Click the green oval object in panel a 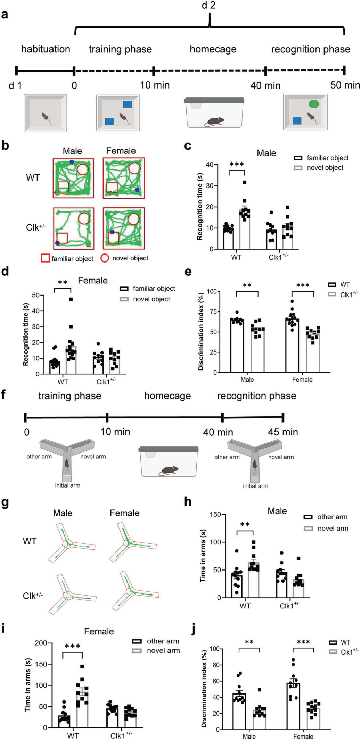click(x=313, y=104)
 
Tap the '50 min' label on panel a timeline click(x=345, y=85)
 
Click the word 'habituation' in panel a click(x=46, y=49)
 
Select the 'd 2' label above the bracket click(x=208, y=5)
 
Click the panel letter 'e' click(x=188, y=272)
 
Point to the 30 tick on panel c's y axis click(x=210, y=186)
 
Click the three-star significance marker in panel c click(x=237, y=164)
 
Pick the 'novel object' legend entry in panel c click(x=325, y=168)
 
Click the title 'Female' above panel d click(x=93, y=281)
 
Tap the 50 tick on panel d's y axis click(x=36, y=296)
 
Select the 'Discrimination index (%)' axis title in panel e click(x=201, y=331)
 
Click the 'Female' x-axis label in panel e click(x=302, y=380)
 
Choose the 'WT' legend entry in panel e click(x=345, y=285)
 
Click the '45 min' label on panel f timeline click(x=283, y=432)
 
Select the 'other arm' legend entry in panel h click(x=332, y=517)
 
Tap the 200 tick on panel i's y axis click(x=41, y=643)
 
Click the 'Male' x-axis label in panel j click(x=249, y=736)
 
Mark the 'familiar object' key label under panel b click(x=72, y=259)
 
